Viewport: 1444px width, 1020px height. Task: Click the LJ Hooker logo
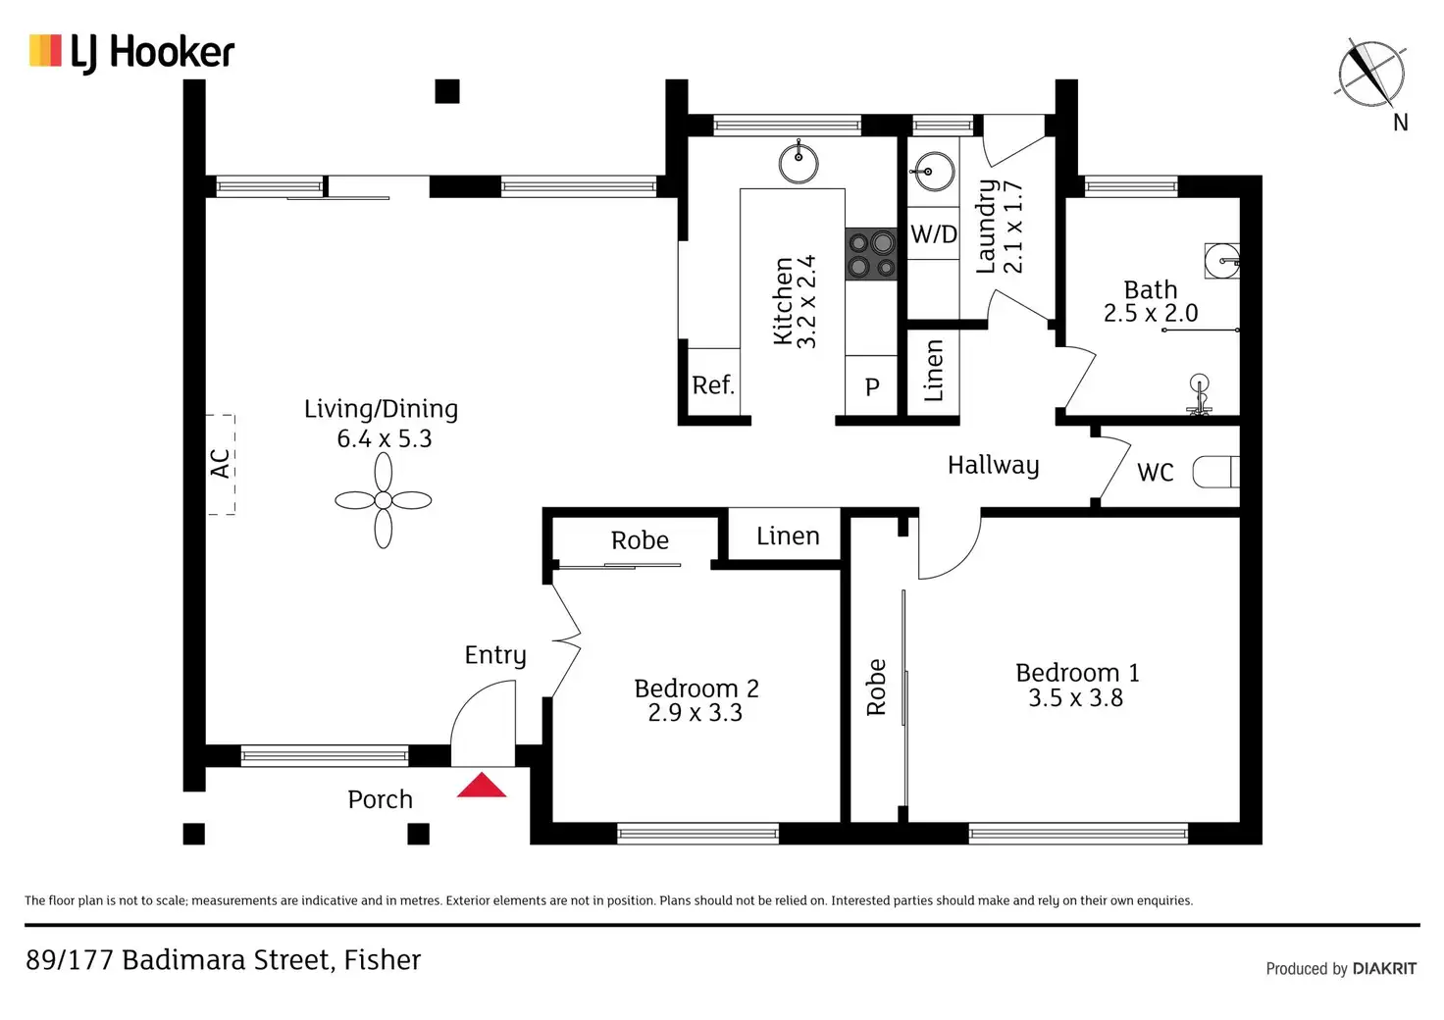131,52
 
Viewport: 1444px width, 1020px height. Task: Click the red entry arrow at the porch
481,786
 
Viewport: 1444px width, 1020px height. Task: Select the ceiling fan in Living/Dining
384,501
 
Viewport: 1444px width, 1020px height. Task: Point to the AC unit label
221,464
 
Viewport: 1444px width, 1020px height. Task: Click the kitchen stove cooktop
871,254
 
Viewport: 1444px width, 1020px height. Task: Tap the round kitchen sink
799,163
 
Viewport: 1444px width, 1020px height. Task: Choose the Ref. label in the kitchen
712,385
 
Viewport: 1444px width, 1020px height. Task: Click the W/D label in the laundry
933,234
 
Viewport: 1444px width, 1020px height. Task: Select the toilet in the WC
1217,472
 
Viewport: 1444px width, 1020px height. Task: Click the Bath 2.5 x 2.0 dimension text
1151,314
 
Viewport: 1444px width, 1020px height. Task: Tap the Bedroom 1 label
1077,673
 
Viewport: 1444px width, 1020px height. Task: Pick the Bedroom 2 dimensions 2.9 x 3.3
695,713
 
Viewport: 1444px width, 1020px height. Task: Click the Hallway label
993,465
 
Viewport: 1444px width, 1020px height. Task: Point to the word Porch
380,799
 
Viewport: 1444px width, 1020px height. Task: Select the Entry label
495,655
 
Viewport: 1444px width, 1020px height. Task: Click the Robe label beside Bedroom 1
876,687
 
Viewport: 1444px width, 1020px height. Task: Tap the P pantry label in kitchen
872,387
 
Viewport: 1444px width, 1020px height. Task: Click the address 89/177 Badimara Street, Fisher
224,959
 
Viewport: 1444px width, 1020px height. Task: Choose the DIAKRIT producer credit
1384,969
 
